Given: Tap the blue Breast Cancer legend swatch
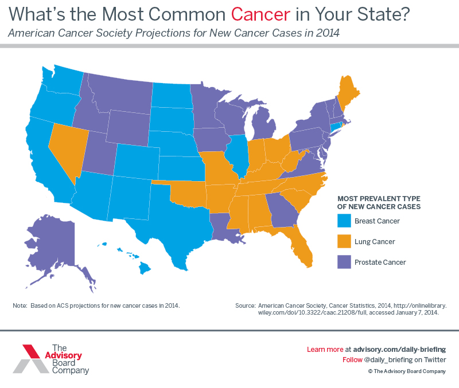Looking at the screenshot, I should pyautogui.click(x=344, y=221).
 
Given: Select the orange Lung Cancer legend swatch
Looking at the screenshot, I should pyautogui.click(x=344, y=241).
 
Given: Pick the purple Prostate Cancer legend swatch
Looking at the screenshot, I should pyautogui.click(x=344, y=262).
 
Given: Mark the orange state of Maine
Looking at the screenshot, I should pyautogui.click(x=346, y=92).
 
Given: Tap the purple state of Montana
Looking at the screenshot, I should pyautogui.click(x=120, y=95).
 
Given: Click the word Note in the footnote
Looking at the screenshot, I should pyautogui.click(x=20, y=305).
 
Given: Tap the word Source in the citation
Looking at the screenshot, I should pyautogui.click(x=245, y=306).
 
